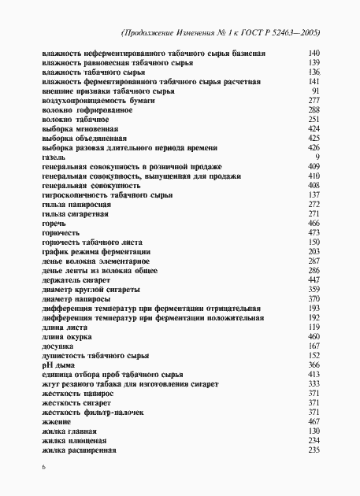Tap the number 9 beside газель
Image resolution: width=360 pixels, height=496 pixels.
tap(316, 157)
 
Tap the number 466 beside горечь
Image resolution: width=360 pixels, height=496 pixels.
tap(314, 223)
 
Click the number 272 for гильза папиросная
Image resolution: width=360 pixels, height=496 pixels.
tap(314, 204)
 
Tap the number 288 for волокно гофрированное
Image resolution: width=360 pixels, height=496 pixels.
tap(314, 109)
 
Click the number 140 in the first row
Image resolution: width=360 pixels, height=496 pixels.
tap(314, 53)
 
